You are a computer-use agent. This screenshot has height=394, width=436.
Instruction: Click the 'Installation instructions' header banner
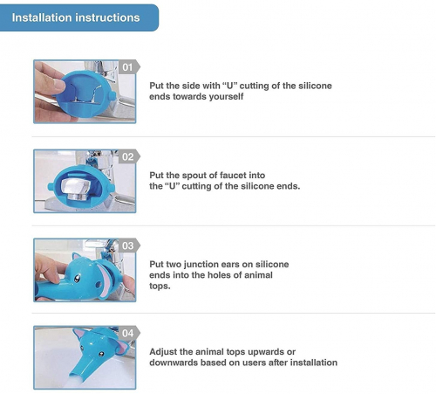[79, 17]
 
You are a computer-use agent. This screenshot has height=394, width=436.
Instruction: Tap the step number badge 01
[129, 67]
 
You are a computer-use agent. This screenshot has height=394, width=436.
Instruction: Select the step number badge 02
[129, 156]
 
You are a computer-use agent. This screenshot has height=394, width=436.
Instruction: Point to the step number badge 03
[129, 245]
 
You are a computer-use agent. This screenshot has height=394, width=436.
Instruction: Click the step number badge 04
[129, 333]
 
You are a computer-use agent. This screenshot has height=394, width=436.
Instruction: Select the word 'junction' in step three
[200, 265]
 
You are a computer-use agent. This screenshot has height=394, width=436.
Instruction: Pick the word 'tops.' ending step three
[160, 287]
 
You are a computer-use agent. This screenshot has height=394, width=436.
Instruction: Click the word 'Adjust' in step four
[163, 352]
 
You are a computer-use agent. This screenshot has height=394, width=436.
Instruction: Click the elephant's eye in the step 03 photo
[77, 279]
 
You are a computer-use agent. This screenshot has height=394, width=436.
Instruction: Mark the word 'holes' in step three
[229, 275]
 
